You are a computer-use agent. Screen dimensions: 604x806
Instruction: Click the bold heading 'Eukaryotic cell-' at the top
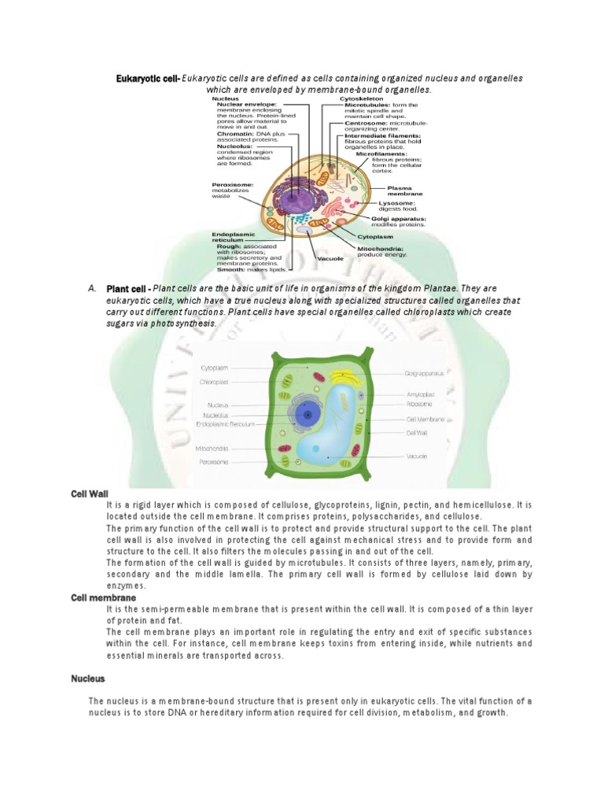click(x=149, y=79)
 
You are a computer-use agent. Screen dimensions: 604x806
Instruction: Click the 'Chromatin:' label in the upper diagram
click(x=230, y=134)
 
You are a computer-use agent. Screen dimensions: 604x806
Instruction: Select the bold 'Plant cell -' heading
click(x=128, y=289)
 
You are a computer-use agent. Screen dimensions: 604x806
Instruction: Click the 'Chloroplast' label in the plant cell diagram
click(x=214, y=382)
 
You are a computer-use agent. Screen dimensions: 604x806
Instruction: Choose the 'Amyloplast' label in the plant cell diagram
click(x=422, y=394)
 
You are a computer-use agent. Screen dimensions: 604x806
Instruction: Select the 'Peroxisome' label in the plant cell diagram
click(x=214, y=462)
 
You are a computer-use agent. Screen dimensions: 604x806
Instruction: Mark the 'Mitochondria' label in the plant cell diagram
click(x=212, y=449)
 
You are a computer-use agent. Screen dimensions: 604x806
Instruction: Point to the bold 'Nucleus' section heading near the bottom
click(x=88, y=678)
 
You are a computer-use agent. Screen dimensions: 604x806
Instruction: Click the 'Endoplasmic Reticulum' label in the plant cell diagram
click(x=226, y=423)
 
